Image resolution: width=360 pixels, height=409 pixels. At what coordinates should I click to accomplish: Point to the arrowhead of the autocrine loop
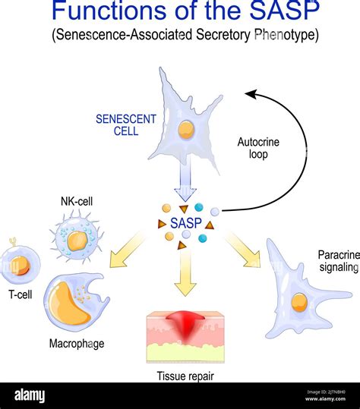249,94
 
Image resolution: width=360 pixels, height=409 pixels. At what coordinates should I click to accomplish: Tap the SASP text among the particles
185,225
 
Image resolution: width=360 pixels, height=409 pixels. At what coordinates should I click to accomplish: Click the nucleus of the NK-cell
76,241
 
